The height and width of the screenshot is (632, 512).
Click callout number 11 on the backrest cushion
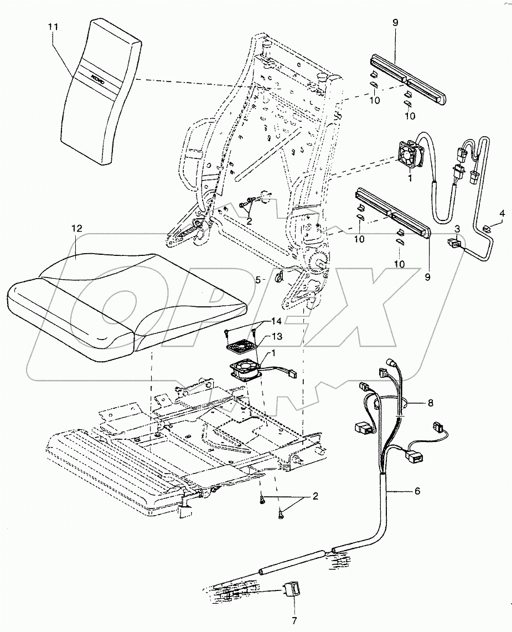tap(54, 26)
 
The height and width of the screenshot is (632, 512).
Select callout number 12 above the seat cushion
tap(77, 228)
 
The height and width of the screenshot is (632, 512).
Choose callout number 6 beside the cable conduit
tap(417, 491)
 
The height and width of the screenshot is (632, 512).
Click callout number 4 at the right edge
tap(502, 213)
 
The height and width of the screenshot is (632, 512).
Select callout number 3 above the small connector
tap(457, 228)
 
